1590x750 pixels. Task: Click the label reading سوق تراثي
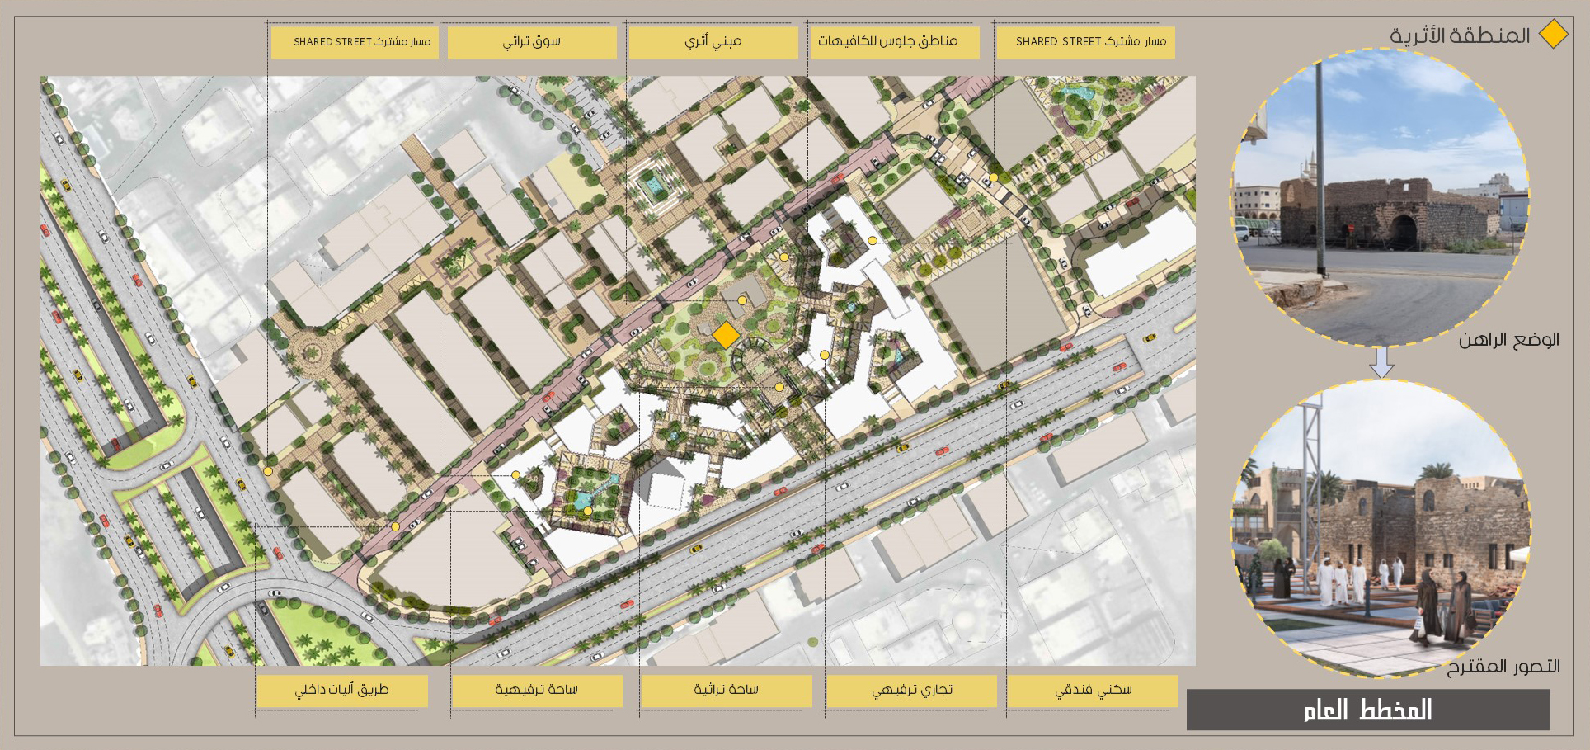(532, 41)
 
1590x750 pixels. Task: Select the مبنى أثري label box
(713, 41)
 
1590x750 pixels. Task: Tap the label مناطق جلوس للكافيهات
(894, 41)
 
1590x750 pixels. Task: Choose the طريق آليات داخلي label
(341, 690)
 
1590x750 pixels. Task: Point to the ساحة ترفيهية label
(536, 690)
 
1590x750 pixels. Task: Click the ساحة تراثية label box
(726, 690)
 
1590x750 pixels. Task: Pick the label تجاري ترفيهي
(911, 690)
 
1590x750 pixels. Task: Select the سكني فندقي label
(1093, 690)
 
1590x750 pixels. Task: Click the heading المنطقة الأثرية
(1460, 35)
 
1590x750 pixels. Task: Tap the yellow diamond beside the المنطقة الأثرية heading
(1554, 35)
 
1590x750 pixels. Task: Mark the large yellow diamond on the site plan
(726, 335)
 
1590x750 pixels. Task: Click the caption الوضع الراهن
(1508, 340)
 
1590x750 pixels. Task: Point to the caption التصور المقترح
(1503, 667)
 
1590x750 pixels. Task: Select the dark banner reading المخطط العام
(1368, 710)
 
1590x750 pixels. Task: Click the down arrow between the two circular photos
(1381, 361)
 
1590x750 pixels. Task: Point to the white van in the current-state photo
(1242, 233)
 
